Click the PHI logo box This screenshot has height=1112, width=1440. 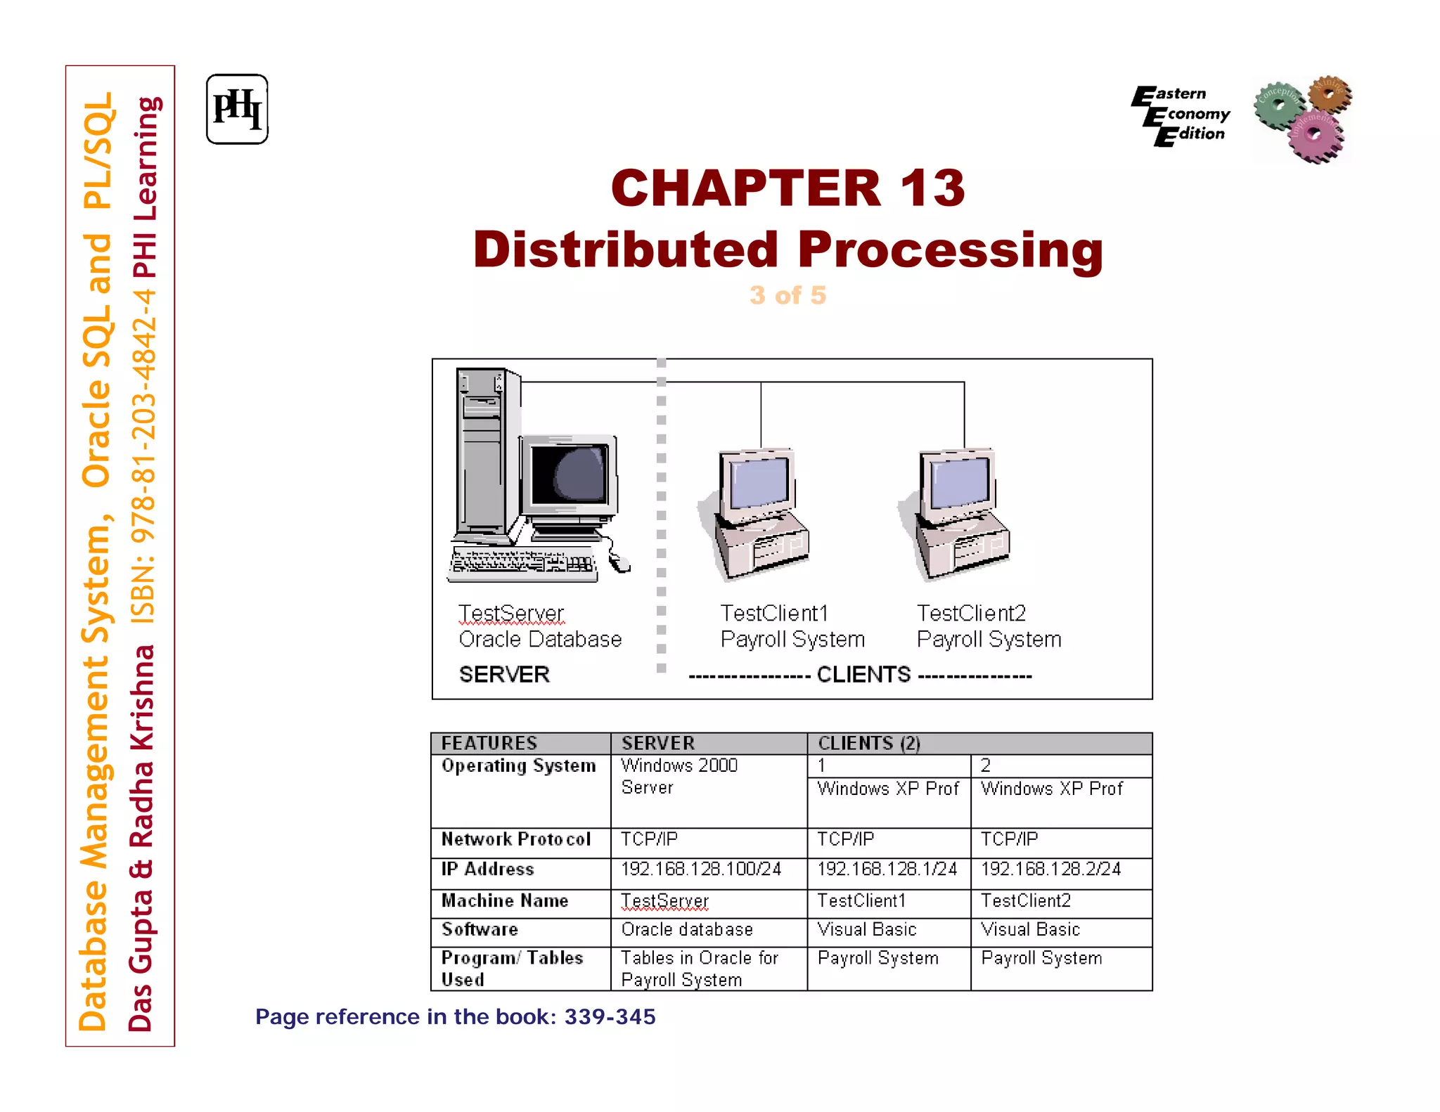(x=237, y=110)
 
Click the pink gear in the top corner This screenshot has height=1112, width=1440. (x=1315, y=135)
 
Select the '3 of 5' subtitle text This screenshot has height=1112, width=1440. (x=787, y=295)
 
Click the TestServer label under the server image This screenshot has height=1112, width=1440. (x=511, y=614)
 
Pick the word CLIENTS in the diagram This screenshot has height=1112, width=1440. (x=863, y=675)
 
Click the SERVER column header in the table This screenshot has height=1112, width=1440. (x=658, y=743)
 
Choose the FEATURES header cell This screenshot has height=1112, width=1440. (x=489, y=743)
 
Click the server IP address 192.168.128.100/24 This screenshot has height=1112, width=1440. (x=701, y=869)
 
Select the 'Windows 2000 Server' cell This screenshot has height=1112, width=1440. (x=679, y=776)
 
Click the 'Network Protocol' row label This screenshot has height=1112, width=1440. (x=516, y=839)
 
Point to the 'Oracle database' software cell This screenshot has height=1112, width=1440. (x=687, y=930)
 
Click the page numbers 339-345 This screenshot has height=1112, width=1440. (x=610, y=1017)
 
